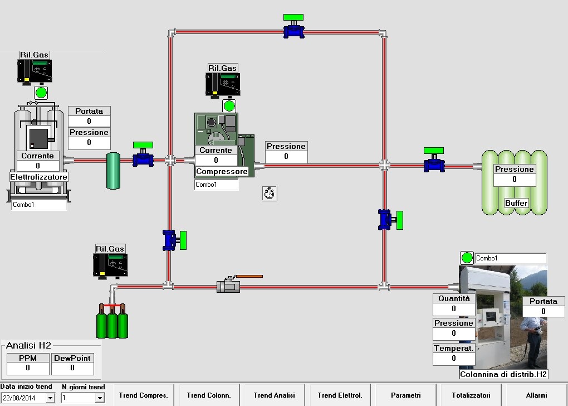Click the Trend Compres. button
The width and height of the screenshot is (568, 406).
coord(143,395)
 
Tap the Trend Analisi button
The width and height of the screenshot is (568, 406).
coord(273,395)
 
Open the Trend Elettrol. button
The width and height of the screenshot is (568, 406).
coord(340,395)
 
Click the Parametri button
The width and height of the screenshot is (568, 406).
coord(406,395)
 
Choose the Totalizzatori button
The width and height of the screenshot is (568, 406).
coord(471,395)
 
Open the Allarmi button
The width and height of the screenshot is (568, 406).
coord(536,395)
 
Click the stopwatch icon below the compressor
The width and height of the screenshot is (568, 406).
coord(270,194)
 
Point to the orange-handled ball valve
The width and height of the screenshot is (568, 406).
coord(229,286)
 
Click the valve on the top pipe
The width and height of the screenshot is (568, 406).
coord(293,29)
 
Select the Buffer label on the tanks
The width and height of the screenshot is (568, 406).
coord(516,203)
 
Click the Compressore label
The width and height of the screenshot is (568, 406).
coord(222,172)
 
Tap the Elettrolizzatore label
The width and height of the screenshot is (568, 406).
coord(39,177)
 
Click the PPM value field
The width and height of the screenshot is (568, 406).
coord(28,368)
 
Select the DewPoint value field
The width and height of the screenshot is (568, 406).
coord(72,368)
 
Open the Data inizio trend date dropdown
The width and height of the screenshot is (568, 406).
coord(50,398)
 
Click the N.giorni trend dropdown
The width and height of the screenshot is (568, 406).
coord(100,398)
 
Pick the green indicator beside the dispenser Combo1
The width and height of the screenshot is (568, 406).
coord(467,258)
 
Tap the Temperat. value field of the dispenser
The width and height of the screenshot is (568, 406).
coord(454,359)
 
